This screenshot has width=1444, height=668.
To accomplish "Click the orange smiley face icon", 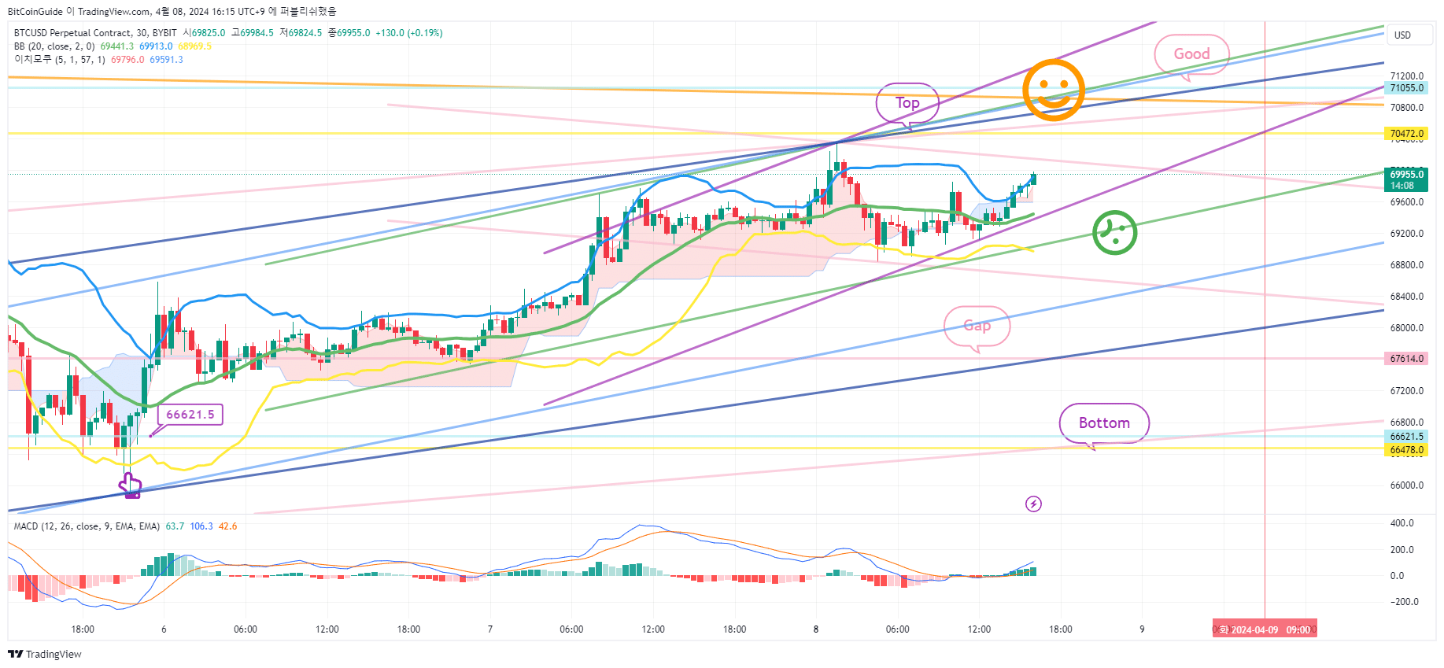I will point(1053,90).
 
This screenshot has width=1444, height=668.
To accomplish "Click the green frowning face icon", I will point(1114,233).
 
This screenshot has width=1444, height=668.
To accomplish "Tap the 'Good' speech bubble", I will point(1191,54).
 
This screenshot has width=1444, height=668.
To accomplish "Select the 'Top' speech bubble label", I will point(907,103).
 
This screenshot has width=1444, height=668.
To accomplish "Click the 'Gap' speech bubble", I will point(977,326).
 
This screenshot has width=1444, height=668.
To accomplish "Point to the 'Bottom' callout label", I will point(1103,423).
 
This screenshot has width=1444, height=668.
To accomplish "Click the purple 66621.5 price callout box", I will point(190,415).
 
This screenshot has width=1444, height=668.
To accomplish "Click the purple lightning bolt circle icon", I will point(1033,504).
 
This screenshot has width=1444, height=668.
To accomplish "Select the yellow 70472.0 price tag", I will point(1406,134).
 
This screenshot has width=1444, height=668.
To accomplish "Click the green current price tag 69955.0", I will point(1406,179).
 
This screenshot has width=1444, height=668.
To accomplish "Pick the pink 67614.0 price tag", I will point(1406,359).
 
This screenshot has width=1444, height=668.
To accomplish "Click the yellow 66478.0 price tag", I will point(1406,450).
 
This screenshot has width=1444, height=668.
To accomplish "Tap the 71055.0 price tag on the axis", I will point(1406,88).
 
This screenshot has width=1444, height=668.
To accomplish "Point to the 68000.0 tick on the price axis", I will point(1406,328).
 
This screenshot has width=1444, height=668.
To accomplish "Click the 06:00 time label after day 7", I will point(571,629).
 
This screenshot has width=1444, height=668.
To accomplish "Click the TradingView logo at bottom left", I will point(45,654).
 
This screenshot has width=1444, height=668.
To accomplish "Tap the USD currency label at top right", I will point(1402,35).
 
